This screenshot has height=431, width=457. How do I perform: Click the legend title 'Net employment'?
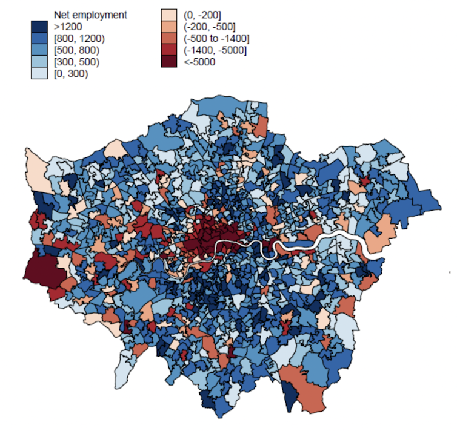90,15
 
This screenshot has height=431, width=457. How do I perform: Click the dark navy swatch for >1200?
39,27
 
